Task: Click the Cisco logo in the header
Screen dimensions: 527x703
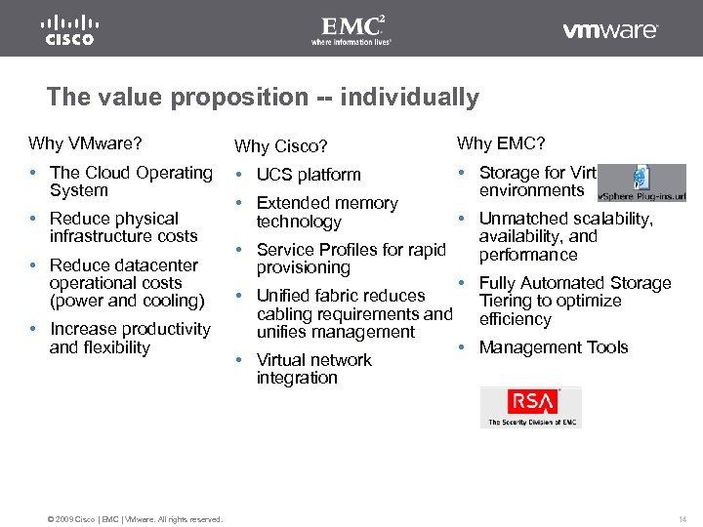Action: click(68, 29)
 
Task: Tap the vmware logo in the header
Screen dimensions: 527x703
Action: click(610, 30)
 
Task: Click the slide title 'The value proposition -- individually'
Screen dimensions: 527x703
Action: click(263, 98)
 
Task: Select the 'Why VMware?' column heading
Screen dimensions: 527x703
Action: click(85, 143)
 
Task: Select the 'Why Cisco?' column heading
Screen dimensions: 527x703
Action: click(281, 146)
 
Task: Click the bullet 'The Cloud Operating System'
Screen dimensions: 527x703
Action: click(130, 182)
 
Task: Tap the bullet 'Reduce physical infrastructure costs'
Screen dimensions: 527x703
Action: click(122, 227)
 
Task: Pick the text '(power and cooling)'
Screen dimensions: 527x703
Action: click(127, 301)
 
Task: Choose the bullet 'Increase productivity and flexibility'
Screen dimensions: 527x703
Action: click(129, 338)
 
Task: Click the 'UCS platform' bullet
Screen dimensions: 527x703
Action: click(308, 175)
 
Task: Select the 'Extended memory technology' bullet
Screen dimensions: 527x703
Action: click(325, 212)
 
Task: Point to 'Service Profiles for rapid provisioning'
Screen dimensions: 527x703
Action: click(350, 259)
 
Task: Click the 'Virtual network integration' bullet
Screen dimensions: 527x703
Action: click(312, 369)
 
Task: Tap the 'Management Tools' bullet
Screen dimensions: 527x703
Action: click(553, 347)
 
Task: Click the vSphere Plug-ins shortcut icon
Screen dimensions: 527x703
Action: click(641, 182)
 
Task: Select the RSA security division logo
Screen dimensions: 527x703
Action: click(530, 406)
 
